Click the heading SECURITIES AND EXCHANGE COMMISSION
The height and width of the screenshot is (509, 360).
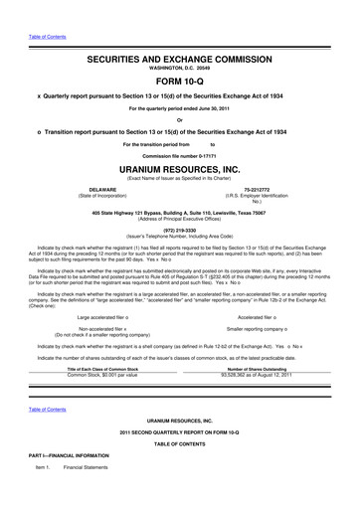(180, 61)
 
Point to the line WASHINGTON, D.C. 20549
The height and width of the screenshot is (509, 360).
(180, 72)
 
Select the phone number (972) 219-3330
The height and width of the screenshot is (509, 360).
(180, 225)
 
